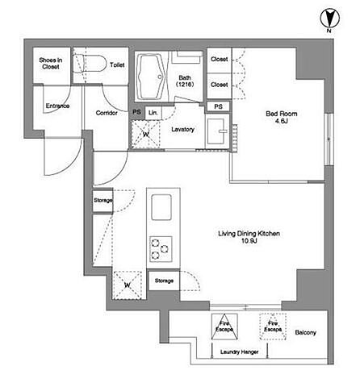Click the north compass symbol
click(x=329, y=19)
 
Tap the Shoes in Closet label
click(x=51, y=63)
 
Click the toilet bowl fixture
click(x=89, y=64)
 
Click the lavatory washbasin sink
click(x=217, y=131)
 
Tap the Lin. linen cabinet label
click(x=153, y=113)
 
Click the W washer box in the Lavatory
click(x=145, y=134)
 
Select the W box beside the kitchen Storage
click(x=128, y=285)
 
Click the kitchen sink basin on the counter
click(x=161, y=207)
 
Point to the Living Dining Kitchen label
click(x=249, y=234)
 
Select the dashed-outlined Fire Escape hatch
click(x=273, y=327)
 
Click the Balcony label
click(x=305, y=332)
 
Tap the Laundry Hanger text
click(x=239, y=352)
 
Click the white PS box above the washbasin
click(x=218, y=106)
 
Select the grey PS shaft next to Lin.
click(x=137, y=112)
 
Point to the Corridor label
click(x=107, y=113)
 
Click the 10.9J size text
click(x=249, y=241)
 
